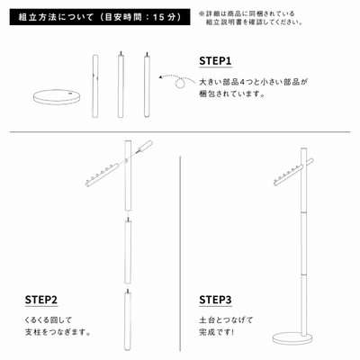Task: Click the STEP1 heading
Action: (215, 61)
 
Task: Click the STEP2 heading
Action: (41, 300)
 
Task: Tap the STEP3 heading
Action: (215, 300)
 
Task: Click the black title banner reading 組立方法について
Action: (100, 17)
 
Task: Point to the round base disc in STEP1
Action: (57, 97)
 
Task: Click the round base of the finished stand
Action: (292, 337)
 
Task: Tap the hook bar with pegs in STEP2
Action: (103, 175)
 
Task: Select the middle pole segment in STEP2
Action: (128, 250)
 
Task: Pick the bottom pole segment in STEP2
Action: (128, 320)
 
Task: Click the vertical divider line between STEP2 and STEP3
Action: (180, 254)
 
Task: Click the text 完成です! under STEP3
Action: (216, 332)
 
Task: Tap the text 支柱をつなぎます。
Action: (58, 332)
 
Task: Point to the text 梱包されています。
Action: (232, 94)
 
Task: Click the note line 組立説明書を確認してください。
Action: (254, 22)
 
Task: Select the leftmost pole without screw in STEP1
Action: (95, 85)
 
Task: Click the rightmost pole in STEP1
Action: (147, 84)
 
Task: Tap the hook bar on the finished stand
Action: (294, 172)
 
